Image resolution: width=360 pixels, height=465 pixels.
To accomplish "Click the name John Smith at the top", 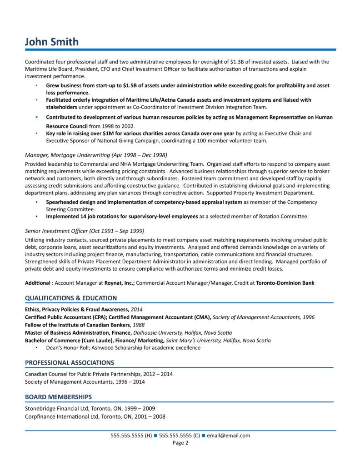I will (x=51, y=42).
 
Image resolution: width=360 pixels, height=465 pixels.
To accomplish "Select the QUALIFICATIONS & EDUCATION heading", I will (x=71, y=298).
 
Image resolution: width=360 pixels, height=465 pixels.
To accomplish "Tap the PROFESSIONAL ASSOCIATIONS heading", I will (x=70, y=362).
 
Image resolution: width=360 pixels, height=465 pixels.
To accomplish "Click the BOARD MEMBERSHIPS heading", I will (x=58, y=396).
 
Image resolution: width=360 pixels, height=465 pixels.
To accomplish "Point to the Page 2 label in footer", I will (x=180, y=443).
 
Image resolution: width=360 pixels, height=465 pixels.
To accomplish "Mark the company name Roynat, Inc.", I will (x=119, y=283).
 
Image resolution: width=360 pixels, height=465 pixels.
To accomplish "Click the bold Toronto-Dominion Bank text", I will (x=285, y=283).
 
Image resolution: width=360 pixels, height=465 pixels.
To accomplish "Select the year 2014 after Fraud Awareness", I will (x=137, y=309).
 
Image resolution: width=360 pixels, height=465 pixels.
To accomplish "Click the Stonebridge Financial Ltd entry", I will (x=62, y=408).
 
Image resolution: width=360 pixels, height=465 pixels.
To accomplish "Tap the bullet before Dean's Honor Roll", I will (x=36, y=348).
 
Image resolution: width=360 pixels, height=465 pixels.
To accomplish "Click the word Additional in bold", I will (x=38, y=283).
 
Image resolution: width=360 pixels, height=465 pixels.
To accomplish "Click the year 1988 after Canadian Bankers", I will (x=139, y=325).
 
